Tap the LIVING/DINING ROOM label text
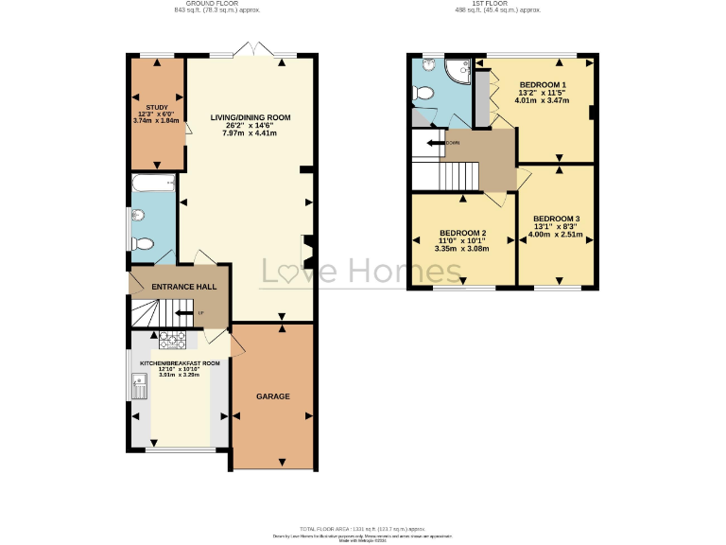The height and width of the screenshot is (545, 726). pos(251,118)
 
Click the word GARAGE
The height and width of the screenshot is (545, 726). pos(273,396)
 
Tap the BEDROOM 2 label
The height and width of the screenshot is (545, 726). pos(462,233)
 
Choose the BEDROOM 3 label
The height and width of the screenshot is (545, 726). pos(556,220)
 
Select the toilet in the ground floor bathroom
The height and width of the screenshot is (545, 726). pos(144,243)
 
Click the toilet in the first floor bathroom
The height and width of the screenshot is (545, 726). pos(423,94)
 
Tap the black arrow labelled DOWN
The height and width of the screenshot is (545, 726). pos(437,143)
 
